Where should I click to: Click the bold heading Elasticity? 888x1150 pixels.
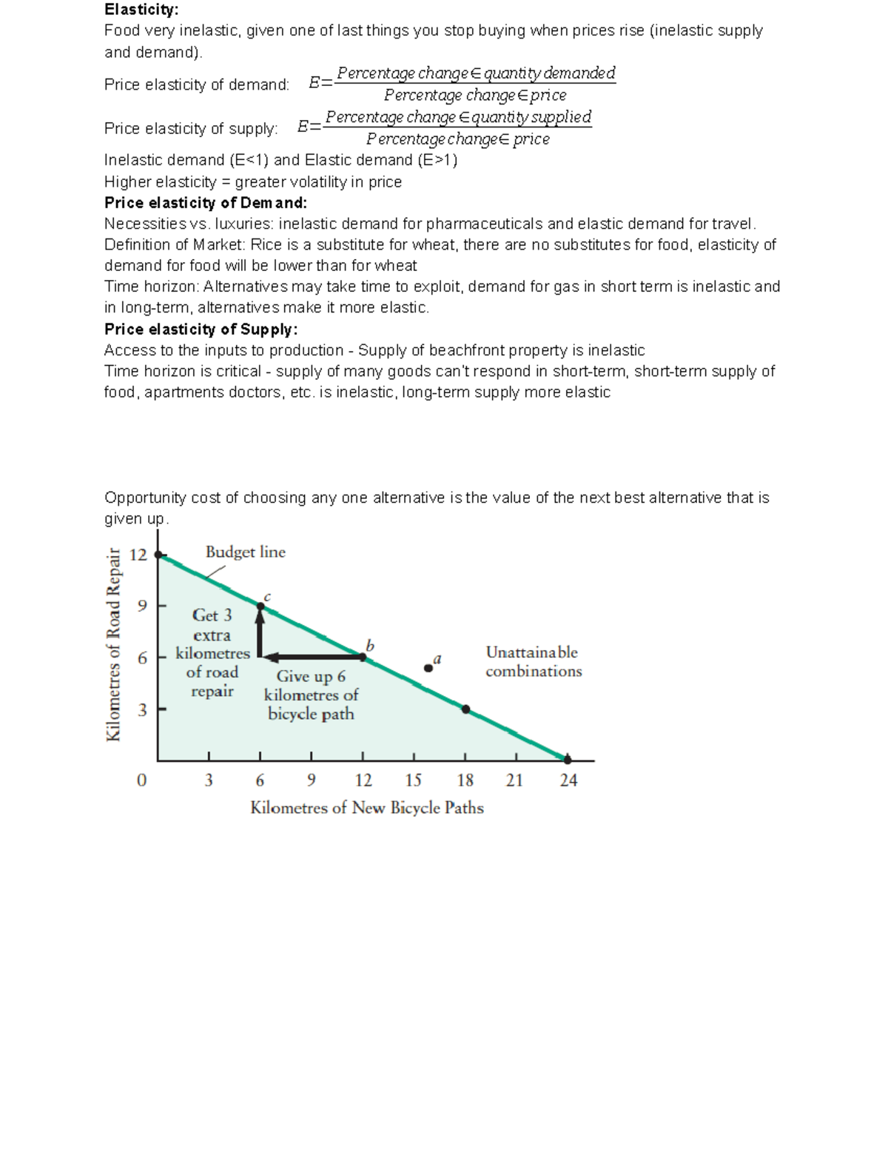tap(141, 10)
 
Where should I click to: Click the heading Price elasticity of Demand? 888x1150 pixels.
tap(206, 203)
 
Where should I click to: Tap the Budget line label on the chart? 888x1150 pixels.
tap(245, 552)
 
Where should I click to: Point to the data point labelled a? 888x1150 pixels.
tap(428, 668)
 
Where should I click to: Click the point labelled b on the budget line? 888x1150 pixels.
tap(363, 656)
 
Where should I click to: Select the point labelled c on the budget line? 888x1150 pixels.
tap(260, 606)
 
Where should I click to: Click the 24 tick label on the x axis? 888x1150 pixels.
tap(568, 780)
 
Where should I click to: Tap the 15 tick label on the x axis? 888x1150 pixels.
tap(414, 780)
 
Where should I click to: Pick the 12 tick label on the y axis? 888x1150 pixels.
tap(138, 555)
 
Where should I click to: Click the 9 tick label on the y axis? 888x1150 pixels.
tap(142, 606)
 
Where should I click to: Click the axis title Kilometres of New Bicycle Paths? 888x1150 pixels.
tap(367, 808)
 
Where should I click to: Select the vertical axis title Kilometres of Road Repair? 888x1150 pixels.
tap(113, 644)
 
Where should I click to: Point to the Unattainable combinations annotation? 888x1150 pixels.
tap(534, 662)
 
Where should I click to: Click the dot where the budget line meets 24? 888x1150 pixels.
tap(568, 760)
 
